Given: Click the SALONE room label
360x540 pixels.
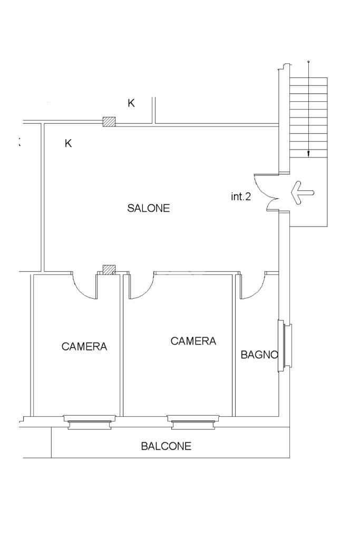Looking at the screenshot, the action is click(149, 208).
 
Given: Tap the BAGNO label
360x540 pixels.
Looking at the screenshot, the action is click(259, 355).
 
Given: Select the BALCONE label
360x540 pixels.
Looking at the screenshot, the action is click(166, 446).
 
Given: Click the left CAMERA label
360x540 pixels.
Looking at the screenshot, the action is click(84, 346).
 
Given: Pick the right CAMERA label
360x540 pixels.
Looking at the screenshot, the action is click(193, 341).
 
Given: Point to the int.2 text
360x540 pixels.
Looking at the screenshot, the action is click(241, 197).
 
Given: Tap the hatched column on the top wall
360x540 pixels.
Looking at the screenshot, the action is click(109, 121).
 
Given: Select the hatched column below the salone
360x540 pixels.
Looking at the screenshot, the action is click(109, 270).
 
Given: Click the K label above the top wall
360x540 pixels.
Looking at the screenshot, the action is click(131, 103).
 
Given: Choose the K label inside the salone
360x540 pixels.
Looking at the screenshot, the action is click(68, 143).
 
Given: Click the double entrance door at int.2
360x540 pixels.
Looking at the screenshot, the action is click(267, 192).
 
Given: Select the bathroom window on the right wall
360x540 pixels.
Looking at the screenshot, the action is click(285, 346).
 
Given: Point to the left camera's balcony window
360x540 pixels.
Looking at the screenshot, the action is click(90, 422).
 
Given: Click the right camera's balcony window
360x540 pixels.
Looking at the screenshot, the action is click(193, 422).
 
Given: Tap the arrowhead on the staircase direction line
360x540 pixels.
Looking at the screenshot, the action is click(308, 154).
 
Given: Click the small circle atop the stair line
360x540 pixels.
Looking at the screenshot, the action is click(308, 62).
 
